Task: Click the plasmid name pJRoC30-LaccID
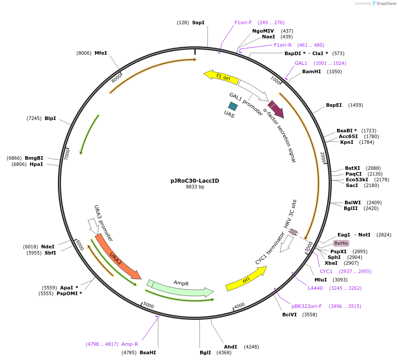pos(195,180)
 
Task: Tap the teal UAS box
pos(233,106)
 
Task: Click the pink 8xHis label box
pos(341,243)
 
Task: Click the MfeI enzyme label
pos(101,53)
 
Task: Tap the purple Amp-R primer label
pos(130,344)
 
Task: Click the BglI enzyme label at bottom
pos(205,352)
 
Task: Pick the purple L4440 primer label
pos(315,288)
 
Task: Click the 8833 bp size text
pos(195,187)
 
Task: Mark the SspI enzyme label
pos(198,22)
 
